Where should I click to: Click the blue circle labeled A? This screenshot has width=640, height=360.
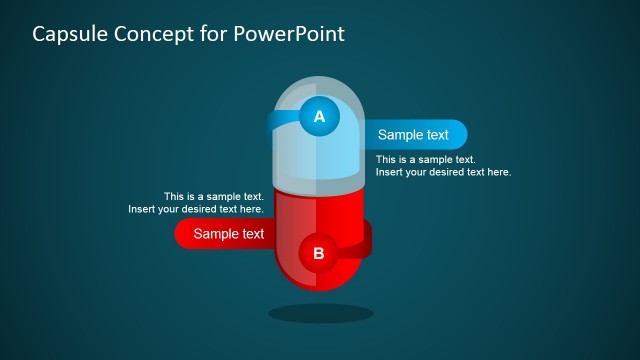coord(319,117)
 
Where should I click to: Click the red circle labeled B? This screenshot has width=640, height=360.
coord(319,253)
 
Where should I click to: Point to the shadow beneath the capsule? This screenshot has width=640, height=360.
coord(320,313)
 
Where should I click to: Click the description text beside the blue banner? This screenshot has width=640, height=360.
coord(443,166)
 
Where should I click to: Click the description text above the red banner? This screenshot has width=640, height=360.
coord(197,203)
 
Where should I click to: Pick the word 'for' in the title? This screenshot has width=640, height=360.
coord(213,34)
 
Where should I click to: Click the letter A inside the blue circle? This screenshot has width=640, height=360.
coord(319,117)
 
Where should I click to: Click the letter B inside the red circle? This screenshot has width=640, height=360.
coord(319,253)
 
